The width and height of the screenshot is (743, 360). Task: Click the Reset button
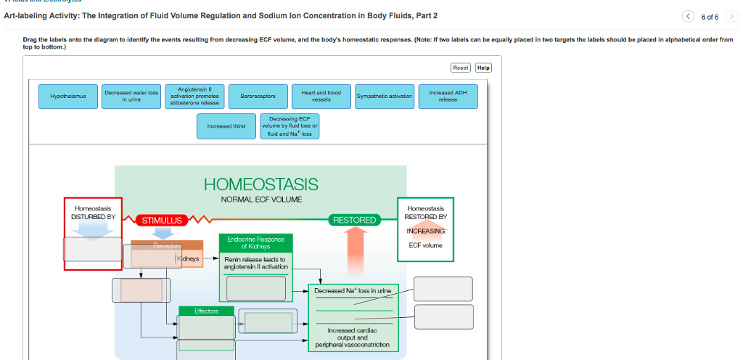tap(460, 67)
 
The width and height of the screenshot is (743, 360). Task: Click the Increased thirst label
tap(226, 126)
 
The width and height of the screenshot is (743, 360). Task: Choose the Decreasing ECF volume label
tap(289, 126)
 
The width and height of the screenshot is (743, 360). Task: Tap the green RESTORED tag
tap(354, 219)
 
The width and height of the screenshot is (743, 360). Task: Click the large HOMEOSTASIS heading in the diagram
tap(260, 184)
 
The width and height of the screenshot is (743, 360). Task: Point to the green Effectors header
tap(206, 311)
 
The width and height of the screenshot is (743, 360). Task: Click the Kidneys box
tap(189, 258)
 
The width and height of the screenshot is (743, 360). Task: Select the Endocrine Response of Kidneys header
tap(255, 242)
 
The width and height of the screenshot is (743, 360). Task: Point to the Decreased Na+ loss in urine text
tap(353, 290)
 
